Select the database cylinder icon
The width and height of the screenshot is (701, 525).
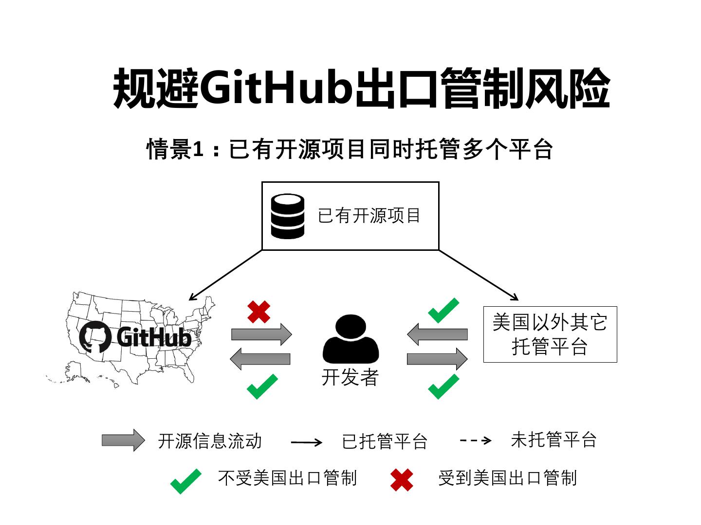pos(287,216)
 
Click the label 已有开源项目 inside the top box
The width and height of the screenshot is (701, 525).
pos(369,216)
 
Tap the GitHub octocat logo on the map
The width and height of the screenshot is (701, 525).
pos(94,336)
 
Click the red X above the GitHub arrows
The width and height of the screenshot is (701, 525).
pos(258,312)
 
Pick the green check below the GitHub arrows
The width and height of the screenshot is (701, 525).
pos(262,386)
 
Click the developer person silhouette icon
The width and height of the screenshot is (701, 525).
pos(350,339)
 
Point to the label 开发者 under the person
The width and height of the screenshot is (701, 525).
pos(350,378)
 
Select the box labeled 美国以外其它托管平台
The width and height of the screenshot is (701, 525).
pos(550,334)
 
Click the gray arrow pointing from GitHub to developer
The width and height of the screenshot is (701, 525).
pos(261,334)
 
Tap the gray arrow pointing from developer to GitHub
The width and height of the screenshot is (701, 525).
pos(260,359)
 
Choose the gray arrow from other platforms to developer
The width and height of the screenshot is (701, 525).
pos(437,334)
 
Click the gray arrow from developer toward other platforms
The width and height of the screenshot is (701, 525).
pos(437,359)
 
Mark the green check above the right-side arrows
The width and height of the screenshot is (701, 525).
pos(443,311)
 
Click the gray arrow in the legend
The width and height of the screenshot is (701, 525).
pos(123,440)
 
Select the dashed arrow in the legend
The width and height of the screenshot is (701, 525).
pos(475,441)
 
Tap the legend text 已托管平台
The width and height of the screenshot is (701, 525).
pos(385,441)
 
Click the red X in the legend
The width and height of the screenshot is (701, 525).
pos(402,480)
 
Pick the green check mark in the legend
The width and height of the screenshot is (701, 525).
pos(185,481)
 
